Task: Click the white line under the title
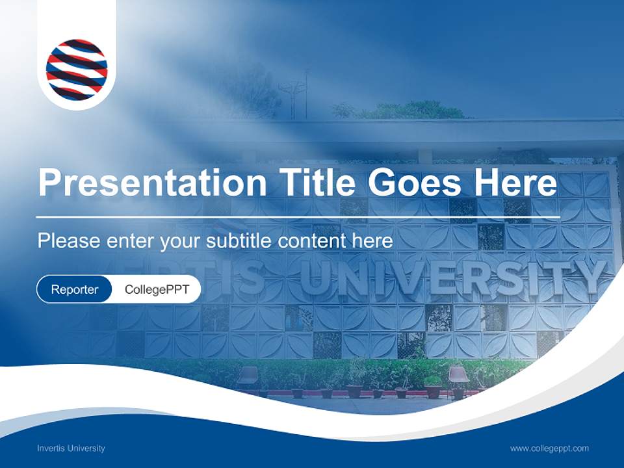(x=298, y=216)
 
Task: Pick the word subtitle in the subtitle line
(x=239, y=241)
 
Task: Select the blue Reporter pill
(x=74, y=289)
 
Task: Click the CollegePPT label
(x=157, y=289)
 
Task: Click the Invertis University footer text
(x=71, y=448)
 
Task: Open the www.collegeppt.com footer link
(x=549, y=448)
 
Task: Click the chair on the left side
(x=248, y=378)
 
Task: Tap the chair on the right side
(x=458, y=378)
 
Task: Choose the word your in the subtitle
(x=181, y=241)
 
